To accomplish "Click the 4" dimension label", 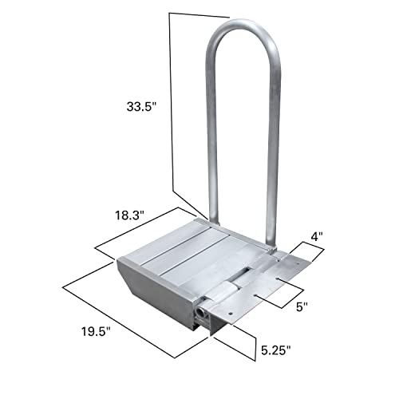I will point(318,236).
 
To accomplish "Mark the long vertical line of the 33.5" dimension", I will point(172,104).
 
